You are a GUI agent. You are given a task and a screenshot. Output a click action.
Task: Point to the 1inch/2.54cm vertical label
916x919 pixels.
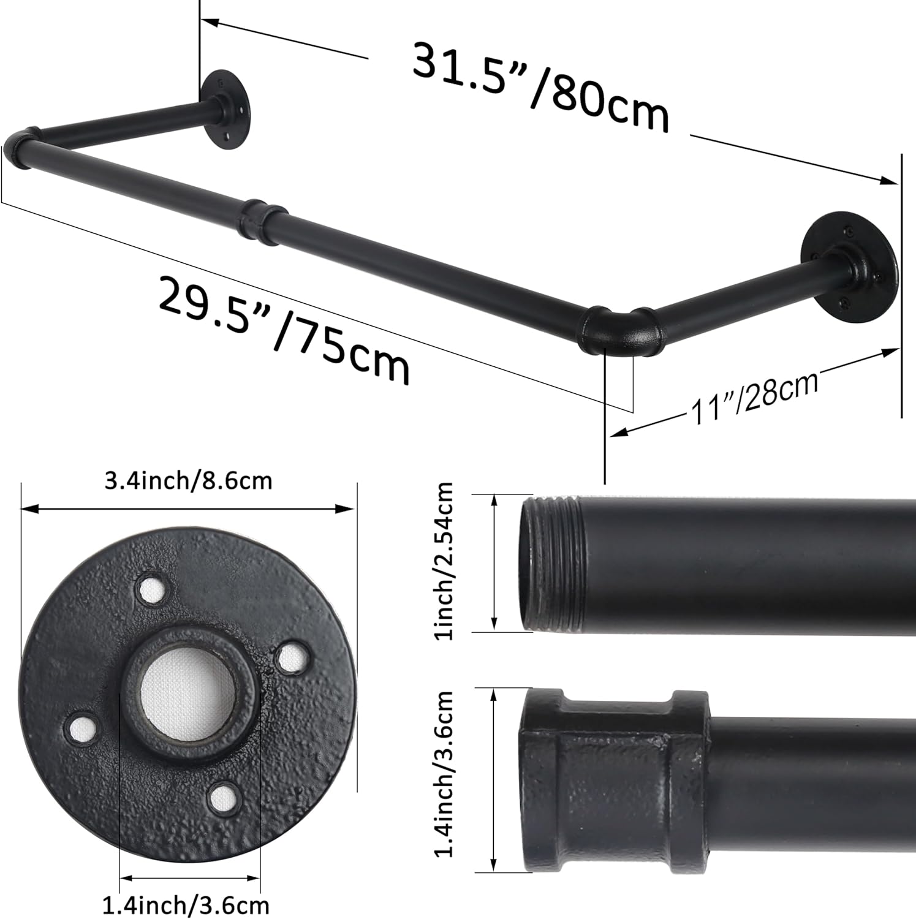click(x=444, y=561)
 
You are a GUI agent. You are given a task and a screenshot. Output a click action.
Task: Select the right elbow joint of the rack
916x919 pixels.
click(x=619, y=331)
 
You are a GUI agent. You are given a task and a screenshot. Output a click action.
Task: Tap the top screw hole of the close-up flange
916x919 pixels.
click(x=151, y=589)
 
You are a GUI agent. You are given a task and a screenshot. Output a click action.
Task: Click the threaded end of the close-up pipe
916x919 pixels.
click(x=551, y=564)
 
